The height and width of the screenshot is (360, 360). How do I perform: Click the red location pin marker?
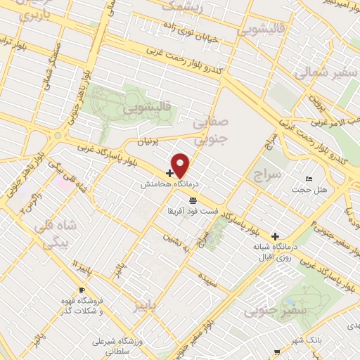point(181,164)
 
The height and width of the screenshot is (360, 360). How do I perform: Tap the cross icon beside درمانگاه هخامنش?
point(169,172)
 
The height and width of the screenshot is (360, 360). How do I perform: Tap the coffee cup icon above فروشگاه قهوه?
point(83,290)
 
